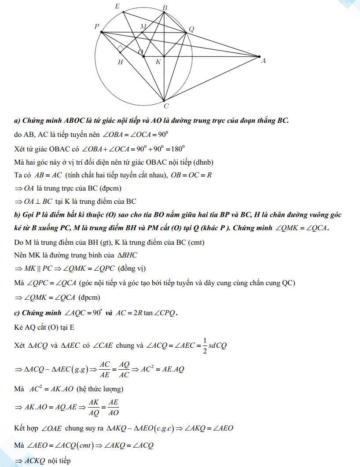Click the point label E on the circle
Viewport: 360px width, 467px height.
tap(117, 6)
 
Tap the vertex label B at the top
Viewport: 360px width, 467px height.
tap(165, 7)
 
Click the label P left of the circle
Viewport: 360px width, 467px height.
tap(96, 27)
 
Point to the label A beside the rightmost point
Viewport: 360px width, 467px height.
tap(263, 61)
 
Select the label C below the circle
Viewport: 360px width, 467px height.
tap(166, 106)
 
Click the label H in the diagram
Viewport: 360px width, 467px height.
tap(120, 63)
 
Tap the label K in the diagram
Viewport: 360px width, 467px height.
tap(158, 62)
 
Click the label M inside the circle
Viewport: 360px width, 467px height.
tap(143, 26)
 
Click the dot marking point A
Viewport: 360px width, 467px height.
tap(259, 56)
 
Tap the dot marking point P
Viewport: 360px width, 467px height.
tap(102, 32)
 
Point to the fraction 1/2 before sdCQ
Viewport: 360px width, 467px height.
tap(205, 346)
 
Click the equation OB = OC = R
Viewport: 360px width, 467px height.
tap(191, 175)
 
